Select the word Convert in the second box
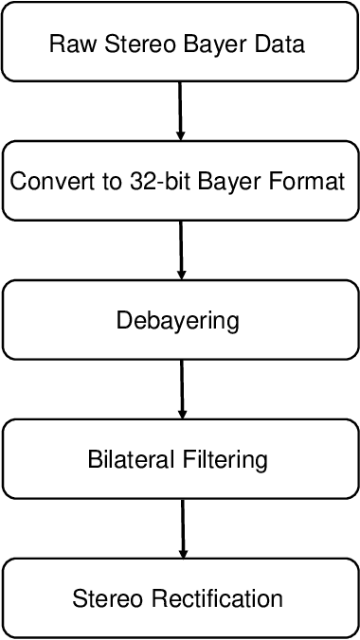click(x=46, y=182)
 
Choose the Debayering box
click(x=179, y=320)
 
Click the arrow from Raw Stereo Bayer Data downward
click(x=179, y=111)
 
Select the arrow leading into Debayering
click(x=179, y=250)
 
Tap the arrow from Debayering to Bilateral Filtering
click(x=179, y=389)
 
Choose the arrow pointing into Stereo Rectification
click(x=180, y=527)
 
